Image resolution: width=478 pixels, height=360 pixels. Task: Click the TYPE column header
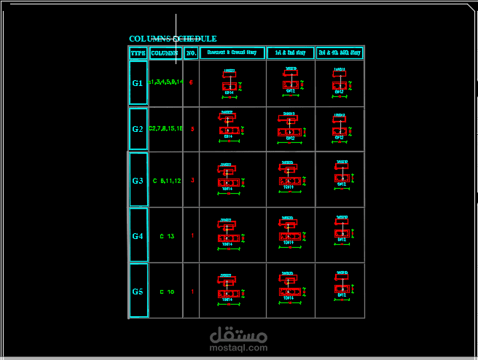pos(138,53)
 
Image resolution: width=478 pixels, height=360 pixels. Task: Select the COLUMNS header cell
pos(165,53)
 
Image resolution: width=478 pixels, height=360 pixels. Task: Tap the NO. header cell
pos(191,53)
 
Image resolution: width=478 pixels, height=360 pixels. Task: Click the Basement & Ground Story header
pos(232,53)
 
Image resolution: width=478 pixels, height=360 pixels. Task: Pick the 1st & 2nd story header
pos(290,53)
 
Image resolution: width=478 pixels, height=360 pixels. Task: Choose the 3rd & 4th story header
pos(340,53)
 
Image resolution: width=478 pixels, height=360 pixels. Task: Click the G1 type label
pos(138,83)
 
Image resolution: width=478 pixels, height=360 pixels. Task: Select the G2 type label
pos(138,129)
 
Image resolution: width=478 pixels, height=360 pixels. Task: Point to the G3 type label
pos(138,180)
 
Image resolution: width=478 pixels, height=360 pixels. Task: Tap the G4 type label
pos(138,236)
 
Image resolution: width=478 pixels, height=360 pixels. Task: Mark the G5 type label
pos(138,291)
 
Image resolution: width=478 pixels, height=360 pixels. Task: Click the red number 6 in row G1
pos(191,82)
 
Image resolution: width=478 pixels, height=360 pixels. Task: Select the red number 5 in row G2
pos(192,129)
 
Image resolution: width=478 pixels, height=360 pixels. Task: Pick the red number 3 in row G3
pos(192,180)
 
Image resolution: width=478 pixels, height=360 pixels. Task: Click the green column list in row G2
pos(165,128)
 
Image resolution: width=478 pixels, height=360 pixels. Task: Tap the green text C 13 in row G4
pos(167,236)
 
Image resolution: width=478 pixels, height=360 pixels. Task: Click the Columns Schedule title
pos(173,39)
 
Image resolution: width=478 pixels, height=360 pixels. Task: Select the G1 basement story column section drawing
pos(230,82)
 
